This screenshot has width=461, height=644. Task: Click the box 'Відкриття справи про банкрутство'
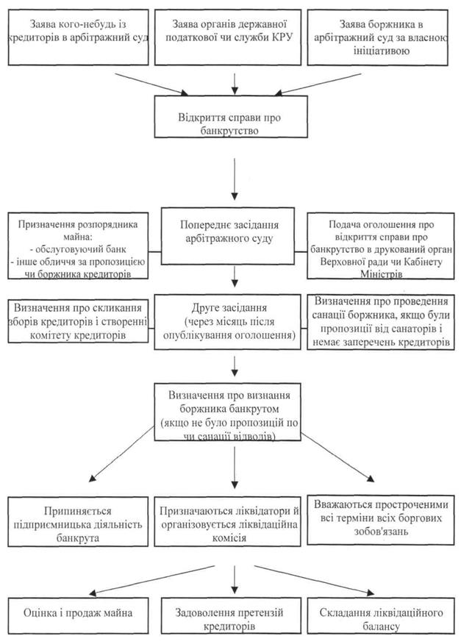(x=231, y=117)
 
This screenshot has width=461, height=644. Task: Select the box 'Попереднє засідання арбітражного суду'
(x=228, y=236)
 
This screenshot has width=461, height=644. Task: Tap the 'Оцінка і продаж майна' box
(x=78, y=615)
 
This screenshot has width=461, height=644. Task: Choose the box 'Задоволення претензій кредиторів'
(x=229, y=615)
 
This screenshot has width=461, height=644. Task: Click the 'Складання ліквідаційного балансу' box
(x=381, y=615)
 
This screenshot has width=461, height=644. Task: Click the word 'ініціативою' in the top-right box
(x=381, y=51)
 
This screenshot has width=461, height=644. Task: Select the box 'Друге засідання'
(x=228, y=321)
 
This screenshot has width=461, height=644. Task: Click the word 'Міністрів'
(x=381, y=273)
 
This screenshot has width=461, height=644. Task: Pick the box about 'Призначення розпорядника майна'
(x=78, y=246)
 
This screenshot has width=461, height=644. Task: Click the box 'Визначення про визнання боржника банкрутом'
(x=228, y=412)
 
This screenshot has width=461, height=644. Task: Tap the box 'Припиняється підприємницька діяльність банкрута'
(x=78, y=522)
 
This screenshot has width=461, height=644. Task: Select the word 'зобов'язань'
(x=381, y=531)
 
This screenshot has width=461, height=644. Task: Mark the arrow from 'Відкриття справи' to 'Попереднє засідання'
(x=235, y=179)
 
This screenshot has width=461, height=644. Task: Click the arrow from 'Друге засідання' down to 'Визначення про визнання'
(x=235, y=366)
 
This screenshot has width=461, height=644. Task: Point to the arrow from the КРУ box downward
(x=235, y=85)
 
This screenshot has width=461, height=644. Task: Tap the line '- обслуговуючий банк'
(x=78, y=249)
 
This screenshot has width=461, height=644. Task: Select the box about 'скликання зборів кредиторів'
(x=78, y=321)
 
